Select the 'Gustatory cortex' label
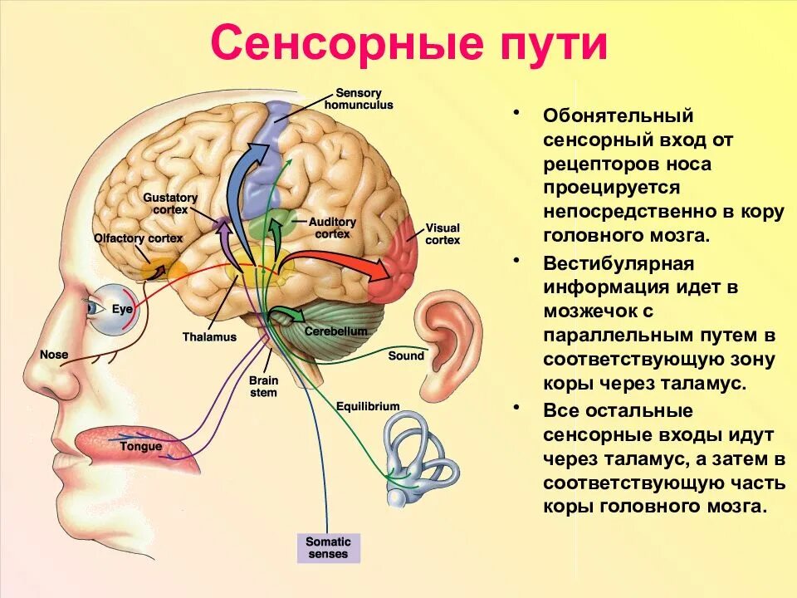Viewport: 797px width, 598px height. pos(170,203)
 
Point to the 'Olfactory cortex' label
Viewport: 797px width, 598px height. pos(138,238)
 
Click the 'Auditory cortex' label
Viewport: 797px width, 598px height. pos(332,228)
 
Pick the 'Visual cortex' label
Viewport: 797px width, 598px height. pos(443,233)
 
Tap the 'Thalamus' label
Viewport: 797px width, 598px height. pos(209,337)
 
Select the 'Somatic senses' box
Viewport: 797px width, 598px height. pos(329,547)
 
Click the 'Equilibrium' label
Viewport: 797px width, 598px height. pos(368,406)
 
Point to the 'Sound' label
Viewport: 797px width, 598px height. pos(406,355)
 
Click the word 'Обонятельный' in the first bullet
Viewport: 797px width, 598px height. pos(606,115)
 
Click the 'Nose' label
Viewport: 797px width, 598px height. pos(54,355)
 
